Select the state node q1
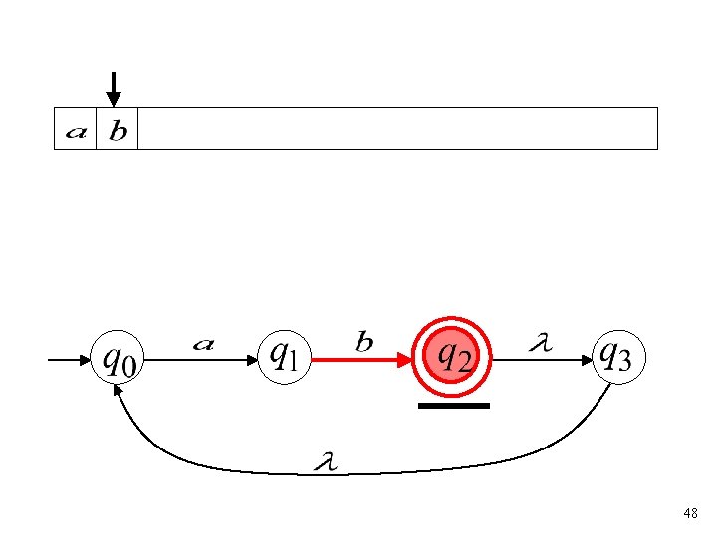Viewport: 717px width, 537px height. [x=286, y=356]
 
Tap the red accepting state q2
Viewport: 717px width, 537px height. [x=454, y=355]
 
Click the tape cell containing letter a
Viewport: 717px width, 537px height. [x=75, y=129]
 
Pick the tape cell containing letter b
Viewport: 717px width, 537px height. [x=117, y=129]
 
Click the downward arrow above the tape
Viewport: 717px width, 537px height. [x=114, y=89]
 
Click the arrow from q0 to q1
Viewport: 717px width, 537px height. [x=199, y=363]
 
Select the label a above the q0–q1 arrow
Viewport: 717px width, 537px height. [x=203, y=344]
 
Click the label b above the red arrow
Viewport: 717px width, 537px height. [x=364, y=342]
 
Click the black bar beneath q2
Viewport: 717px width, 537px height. [x=454, y=406]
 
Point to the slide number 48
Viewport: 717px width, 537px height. [x=690, y=513]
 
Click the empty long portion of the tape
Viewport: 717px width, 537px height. [x=398, y=129]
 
